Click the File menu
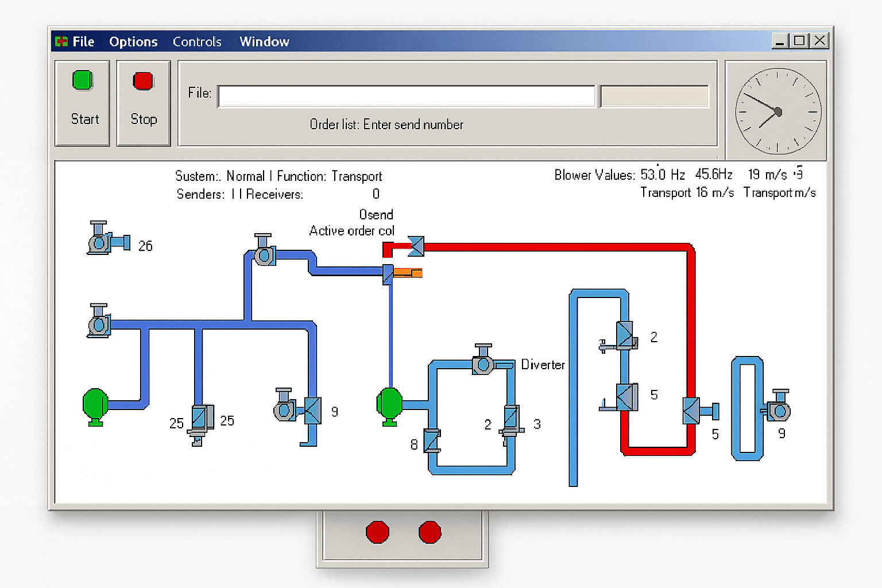point(83,42)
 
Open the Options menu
point(133,42)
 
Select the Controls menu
point(197,42)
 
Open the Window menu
point(264,42)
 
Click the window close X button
point(819,41)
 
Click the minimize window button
point(780,41)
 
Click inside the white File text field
point(406,96)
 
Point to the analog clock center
point(778,111)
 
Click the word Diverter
point(543,365)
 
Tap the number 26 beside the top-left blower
point(145,246)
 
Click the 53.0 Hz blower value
point(662,175)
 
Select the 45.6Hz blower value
point(714,175)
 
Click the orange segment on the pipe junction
point(409,273)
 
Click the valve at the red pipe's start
point(416,246)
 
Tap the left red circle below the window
point(377,532)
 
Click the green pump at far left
point(95,405)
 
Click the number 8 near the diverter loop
point(414,444)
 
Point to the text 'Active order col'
point(351,231)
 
